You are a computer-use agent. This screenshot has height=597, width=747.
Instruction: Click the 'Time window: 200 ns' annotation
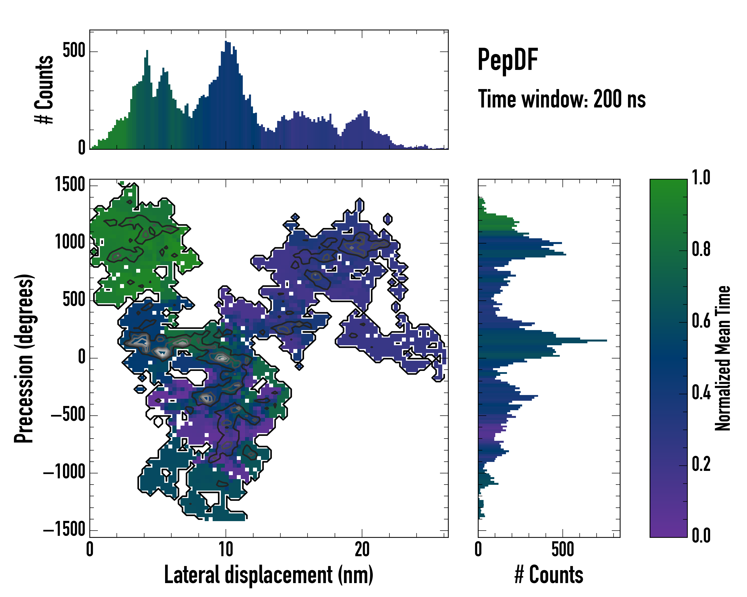coord(562,99)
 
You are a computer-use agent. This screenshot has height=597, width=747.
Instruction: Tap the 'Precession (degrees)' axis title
coord(24,358)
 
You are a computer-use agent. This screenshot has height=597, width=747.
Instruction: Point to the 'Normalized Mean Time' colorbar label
coord(723,358)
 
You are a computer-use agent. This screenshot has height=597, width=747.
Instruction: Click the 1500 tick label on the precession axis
coord(70,185)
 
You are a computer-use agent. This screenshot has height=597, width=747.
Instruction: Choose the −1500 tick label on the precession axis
coord(64,530)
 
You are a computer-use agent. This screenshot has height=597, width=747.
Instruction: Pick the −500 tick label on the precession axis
coord(68,415)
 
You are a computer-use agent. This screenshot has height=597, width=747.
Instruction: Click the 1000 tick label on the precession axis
coord(70,242)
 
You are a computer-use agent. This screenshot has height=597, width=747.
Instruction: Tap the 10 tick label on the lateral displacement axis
coord(226,549)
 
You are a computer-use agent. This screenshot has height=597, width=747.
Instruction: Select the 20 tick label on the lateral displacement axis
coord(362,549)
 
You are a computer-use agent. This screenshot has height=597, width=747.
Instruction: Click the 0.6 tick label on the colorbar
coord(701,321)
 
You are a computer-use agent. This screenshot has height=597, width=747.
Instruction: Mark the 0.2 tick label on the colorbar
coord(701,464)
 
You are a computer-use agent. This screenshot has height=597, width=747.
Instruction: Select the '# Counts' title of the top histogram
coord(44,90)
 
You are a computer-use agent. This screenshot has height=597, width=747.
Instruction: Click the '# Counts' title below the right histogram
coord(549,575)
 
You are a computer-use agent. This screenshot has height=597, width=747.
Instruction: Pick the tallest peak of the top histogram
coord(226,42)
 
